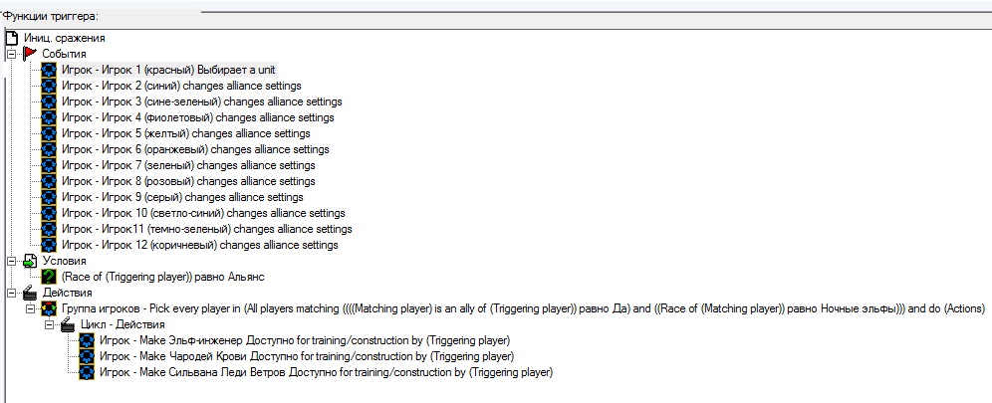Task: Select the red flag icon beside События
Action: point(30,54)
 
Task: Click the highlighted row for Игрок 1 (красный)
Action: point(168,70)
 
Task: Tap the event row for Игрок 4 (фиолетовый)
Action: point(197,117)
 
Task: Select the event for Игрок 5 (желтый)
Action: point(185,133)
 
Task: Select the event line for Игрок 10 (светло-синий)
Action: point(203,213)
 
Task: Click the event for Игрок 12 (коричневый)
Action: point(199,245)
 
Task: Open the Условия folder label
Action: point(64,261)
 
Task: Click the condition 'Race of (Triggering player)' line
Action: point(162,277)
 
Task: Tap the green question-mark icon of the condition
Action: point(49,277)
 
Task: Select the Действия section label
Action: point(67,293)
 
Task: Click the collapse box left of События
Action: point(12,54)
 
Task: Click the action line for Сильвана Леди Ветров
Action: point(327,372)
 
